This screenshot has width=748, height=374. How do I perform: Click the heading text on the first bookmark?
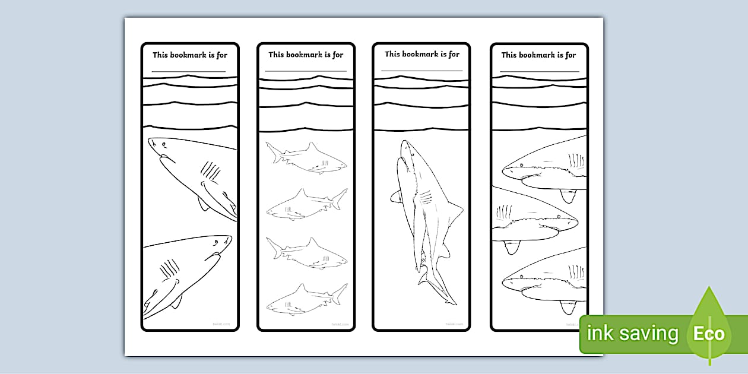(190, 55)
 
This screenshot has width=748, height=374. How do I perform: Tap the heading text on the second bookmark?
(306, 55)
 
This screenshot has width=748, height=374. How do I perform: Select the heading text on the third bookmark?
(422, 54)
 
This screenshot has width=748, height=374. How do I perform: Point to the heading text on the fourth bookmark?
(538, 55)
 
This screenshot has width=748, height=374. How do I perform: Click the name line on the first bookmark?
(189, 71)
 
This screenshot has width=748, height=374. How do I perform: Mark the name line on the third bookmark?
(421, 71)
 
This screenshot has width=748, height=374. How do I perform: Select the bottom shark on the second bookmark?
(306, 300)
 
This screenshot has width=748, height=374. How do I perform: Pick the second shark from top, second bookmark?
(306, 205)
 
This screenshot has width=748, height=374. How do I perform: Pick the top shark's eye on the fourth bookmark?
(521, 165)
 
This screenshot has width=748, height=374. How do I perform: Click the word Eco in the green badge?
(709, 334)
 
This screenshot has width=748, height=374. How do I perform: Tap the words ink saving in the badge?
(632, 334)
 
